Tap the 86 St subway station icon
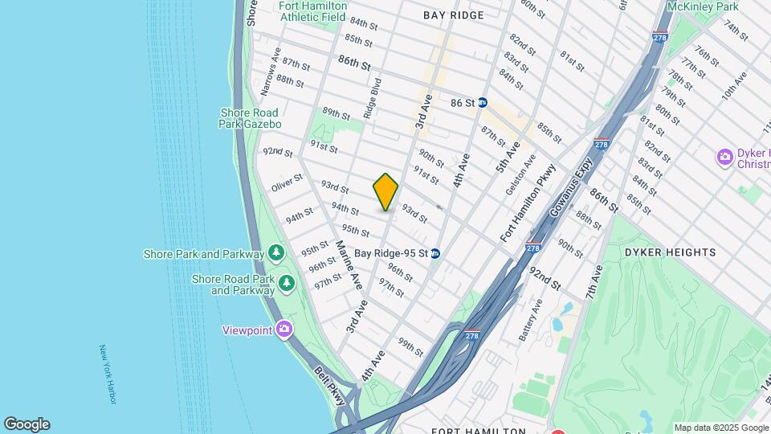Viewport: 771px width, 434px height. [483, 103]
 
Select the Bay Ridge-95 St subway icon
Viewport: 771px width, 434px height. [435, 253]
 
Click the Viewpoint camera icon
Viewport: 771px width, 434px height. [284, 329]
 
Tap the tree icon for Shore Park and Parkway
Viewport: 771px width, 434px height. [276, 254]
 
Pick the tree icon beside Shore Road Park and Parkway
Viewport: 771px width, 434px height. [287, 284]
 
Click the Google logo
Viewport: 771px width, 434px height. [27, 424]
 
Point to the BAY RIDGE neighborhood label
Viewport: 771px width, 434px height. [454, 15]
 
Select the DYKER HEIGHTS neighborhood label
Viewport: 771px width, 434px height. [670, 252]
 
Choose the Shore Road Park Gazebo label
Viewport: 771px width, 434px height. [250, 118]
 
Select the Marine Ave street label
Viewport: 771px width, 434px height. [349, 264]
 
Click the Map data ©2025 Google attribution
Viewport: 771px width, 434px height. [721, 428]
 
